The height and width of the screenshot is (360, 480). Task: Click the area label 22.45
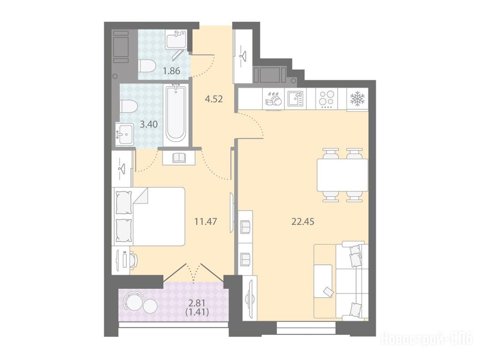point(303,221)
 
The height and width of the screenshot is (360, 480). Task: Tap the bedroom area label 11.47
point(206,221)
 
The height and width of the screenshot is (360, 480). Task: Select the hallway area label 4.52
point(213,99)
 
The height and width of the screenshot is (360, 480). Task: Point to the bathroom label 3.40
point(149,124)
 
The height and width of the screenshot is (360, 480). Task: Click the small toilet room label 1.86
point(171,71)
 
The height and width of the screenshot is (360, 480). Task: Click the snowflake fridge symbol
point(358,99)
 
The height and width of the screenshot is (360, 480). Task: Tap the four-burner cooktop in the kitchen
point(326,99)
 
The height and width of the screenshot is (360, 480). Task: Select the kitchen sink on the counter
point(296,98)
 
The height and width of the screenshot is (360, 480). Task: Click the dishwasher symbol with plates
point(274,99)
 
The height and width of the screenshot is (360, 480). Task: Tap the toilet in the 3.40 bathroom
point(129,106)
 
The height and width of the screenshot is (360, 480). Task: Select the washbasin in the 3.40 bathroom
point(125,134)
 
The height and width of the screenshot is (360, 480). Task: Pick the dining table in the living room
point(342,175)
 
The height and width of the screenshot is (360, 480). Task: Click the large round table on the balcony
point(133,301)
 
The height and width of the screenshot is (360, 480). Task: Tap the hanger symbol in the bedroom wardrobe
point(122,169)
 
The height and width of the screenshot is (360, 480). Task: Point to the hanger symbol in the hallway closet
point(243,54)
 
